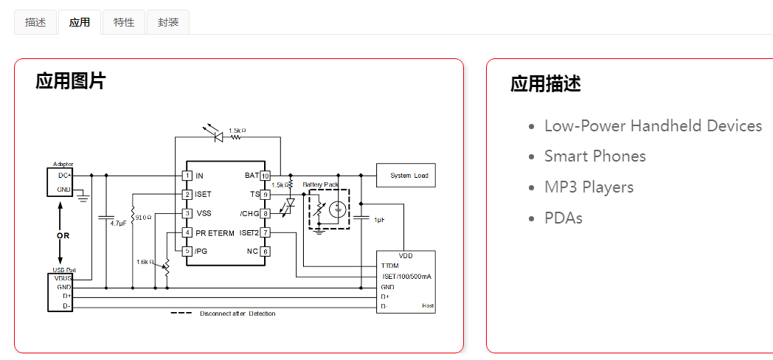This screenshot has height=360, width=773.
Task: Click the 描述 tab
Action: point(35,22)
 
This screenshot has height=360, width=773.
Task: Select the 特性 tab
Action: point(124,22)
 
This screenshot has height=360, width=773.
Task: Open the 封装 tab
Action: point(168,22)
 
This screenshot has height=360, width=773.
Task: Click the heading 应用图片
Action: point(71,81)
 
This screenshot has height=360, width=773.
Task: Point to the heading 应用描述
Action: point(546,84)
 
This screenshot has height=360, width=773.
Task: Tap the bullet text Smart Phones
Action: point(595,156)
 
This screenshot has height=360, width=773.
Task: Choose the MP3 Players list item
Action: point(589,187)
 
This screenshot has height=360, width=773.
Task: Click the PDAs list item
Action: point(564,218)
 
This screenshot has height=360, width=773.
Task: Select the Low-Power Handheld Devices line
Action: point(653,126)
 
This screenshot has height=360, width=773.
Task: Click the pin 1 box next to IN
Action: point(188,176)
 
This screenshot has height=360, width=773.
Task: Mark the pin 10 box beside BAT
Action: point(266,176)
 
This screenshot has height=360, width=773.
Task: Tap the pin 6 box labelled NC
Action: point(266,252)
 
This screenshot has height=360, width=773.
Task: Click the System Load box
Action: point(406,176)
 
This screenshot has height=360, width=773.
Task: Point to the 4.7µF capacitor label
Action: point(118,223)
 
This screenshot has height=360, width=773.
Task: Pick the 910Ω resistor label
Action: point(144,218)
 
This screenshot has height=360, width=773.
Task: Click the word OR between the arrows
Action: point(63,236)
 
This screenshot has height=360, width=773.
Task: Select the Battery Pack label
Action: point(322,184)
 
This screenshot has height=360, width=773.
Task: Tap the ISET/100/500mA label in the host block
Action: point(406,277)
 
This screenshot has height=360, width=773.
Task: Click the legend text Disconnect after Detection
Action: point(238,314)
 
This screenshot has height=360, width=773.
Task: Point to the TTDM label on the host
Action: point(389,266)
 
